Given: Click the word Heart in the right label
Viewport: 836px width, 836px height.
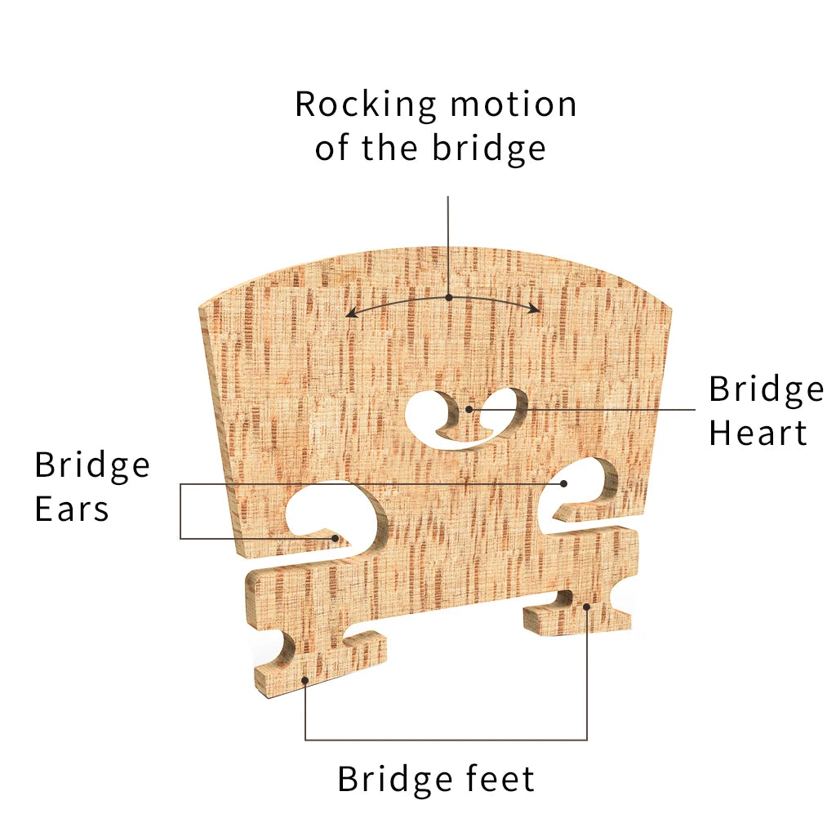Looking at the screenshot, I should point(758,433).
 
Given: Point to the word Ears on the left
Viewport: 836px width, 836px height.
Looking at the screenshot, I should point(72,509).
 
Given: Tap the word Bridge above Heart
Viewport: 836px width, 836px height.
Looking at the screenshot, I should point(766,389).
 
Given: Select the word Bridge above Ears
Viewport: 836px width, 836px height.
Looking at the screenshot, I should point(92,465).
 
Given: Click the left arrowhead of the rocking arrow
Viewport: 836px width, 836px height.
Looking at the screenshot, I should point(349,313).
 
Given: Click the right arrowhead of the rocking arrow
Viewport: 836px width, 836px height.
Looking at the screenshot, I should point(536,309).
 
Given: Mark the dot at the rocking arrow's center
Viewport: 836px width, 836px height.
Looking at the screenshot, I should point(448,297).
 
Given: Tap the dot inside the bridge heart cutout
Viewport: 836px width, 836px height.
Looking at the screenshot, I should point(468,408).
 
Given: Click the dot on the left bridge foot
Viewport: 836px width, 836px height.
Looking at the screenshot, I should point(305,679).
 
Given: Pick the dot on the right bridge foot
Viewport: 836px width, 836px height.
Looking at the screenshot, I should point(587,606).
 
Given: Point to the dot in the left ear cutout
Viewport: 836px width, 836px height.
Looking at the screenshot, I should point(335,538).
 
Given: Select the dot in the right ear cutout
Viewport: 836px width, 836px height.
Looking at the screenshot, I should point(563,483).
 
